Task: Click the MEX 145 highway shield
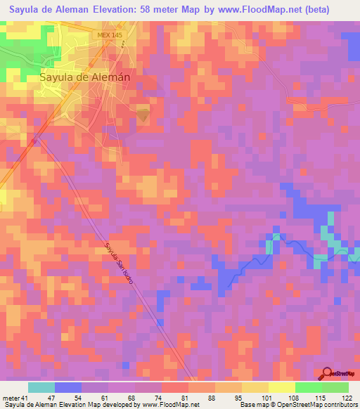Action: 108,34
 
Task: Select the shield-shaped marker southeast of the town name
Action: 143,113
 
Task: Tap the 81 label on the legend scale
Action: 182,398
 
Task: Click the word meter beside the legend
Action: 10,398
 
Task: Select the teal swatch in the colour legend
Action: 41,387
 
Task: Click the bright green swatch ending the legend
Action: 335,387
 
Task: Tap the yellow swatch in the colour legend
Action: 281,387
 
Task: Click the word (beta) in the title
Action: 329,9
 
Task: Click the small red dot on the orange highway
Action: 34,141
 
